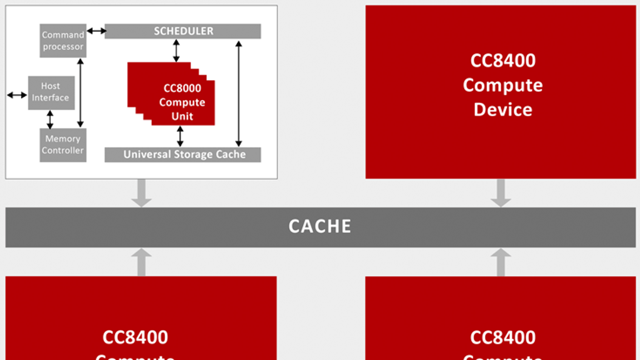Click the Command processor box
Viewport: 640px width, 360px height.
[x=63, y=41]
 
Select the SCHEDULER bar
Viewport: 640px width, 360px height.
[x=183, y=31]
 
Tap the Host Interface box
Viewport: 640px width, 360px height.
[x=51, y=92]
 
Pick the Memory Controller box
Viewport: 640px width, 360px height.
[x=63, y=145]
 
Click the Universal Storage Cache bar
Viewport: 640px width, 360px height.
[x=183, y=154]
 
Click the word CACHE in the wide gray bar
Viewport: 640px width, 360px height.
[x=320, y=226]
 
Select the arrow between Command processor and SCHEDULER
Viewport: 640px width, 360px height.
[x=96, y=31]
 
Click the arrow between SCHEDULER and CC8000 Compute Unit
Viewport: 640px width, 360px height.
[x=176, y=50]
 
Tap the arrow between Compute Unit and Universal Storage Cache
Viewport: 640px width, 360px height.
[x=180, y=136]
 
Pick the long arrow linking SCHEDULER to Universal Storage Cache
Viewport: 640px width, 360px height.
[x=239, y=93]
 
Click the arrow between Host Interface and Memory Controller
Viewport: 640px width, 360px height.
[x=50, y=119]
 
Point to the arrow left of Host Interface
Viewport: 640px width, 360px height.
[x=17, y=95]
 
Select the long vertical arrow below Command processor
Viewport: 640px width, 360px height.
[x=80, y=93]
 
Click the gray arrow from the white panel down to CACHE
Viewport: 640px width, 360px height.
[x=141, y=193]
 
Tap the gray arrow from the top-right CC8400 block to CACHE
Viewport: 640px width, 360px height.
[x=500, y=193]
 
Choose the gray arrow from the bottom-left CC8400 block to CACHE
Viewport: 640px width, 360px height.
[x=141, y=262]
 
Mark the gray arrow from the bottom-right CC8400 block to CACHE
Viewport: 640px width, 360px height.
[x=500, y=262]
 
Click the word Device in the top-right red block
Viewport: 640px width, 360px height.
[x=503, y=110]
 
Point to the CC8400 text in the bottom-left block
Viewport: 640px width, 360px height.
[x=135, y=337]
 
